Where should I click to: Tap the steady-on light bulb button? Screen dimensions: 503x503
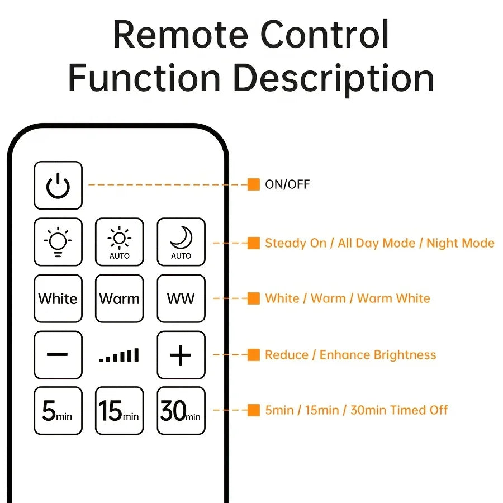click(58, 242)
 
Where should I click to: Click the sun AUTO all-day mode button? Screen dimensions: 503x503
click(119, 242)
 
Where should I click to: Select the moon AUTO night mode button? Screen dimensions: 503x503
click(181, 242)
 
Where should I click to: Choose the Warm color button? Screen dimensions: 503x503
click(119, 298)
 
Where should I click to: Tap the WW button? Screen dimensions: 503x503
click(181, 298)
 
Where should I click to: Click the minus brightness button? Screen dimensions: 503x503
click(58, 355)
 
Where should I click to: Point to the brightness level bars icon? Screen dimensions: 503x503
click(119, 355)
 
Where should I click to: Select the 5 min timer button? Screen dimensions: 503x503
click(58, 411)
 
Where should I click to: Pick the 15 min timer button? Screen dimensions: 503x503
click(119, 411)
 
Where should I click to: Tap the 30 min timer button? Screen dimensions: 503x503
click(181, 411)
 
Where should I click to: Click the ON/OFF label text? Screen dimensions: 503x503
click(287, 184)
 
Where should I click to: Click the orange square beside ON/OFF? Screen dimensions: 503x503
click(254, 184)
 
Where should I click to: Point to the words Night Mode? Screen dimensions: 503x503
click(461, 243)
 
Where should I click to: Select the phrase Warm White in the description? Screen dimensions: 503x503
click(393, 298)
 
